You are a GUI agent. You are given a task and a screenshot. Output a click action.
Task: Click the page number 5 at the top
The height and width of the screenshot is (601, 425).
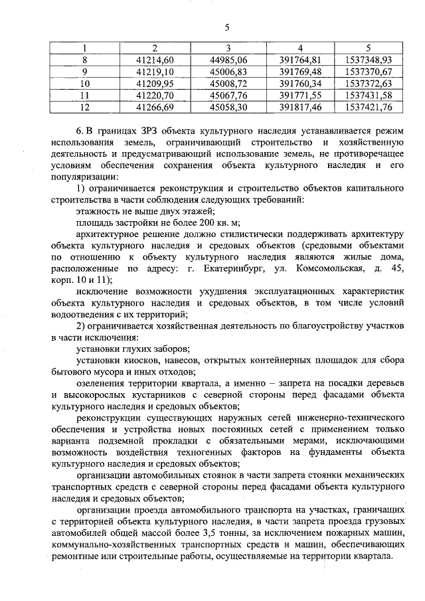pos(226,27)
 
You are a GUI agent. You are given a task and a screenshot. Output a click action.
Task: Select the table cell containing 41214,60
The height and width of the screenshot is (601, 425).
pos(154,59)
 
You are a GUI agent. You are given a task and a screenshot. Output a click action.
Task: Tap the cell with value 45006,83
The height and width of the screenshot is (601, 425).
pos(228,71)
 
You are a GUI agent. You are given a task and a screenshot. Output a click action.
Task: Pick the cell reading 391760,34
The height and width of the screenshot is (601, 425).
pos(301,83)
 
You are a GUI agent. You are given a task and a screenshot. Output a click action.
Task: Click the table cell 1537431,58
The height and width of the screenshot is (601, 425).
pos(369,95)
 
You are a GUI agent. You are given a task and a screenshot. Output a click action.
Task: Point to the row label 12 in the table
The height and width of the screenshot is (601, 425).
pos(84,106)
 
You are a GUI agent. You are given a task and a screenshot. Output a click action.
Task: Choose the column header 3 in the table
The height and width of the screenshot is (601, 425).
pos(228,48)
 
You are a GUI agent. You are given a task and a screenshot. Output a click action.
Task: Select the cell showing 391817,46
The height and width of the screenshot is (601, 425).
pos(301,106)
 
